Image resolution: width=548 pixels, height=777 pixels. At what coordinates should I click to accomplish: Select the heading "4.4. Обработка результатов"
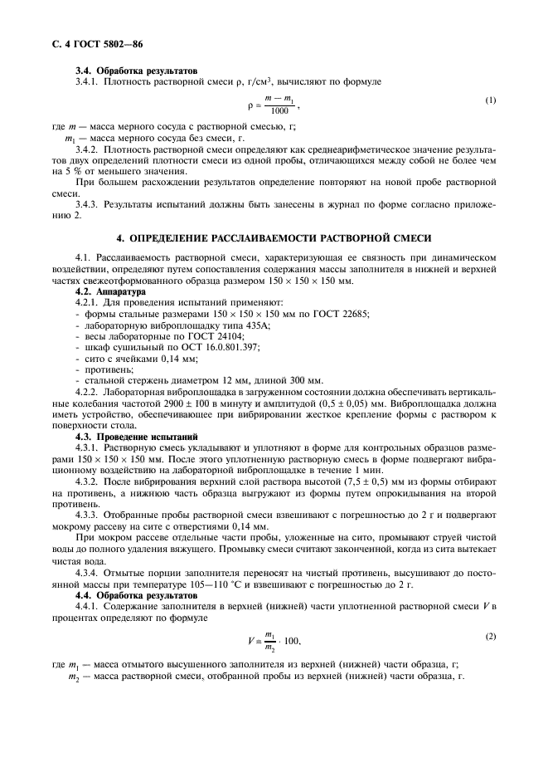pos(126,595)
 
